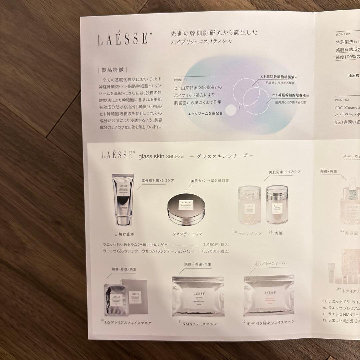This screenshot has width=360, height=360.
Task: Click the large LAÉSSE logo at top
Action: [x=122, y=39]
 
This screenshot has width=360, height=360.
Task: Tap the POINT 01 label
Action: [x=181, y=80]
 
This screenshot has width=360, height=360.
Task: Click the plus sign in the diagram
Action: [x=239, y=109]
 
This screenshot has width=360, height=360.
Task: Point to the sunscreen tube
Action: [x=122, y=200]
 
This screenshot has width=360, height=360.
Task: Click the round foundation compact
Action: [x=187, y=209]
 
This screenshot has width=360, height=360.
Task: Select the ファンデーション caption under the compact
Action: [x=187, y=234]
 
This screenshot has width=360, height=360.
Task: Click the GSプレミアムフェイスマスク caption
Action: [x=128, y=323]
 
